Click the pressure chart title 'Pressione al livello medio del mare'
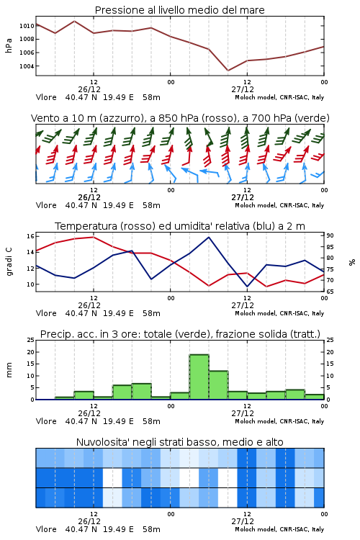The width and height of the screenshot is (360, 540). pos(179,10)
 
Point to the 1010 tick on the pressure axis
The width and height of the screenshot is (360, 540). pos(27,26)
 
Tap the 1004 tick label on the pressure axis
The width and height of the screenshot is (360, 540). pos(27,66)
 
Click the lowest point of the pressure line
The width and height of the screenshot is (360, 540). pos(228,71)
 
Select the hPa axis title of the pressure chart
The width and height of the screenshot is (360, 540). pos(9,45)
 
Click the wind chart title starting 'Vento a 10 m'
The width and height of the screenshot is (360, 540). pos(180,118)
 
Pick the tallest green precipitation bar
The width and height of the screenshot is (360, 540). pos(199,377)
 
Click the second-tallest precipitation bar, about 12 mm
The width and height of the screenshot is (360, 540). pos(218,385)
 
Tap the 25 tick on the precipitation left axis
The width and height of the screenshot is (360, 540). pos(31,340)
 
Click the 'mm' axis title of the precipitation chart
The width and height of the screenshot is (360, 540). pos(9,370)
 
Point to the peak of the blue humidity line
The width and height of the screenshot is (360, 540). pos(209,237)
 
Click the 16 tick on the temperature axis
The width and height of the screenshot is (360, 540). pos(30,236)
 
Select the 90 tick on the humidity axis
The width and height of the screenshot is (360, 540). pos(330,235)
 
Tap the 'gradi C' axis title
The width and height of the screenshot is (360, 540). pos(9,261)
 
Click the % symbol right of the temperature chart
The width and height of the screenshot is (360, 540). pos(352,262)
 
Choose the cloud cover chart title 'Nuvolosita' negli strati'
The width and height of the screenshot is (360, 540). pos(179,442)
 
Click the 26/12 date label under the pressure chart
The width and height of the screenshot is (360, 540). pos(89,89)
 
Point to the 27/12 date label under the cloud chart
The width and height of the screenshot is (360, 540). pos(243,521)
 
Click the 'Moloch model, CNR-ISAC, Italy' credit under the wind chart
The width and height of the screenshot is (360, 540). pos(279,206)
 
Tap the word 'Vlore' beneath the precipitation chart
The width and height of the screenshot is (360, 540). pos(46,421)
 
